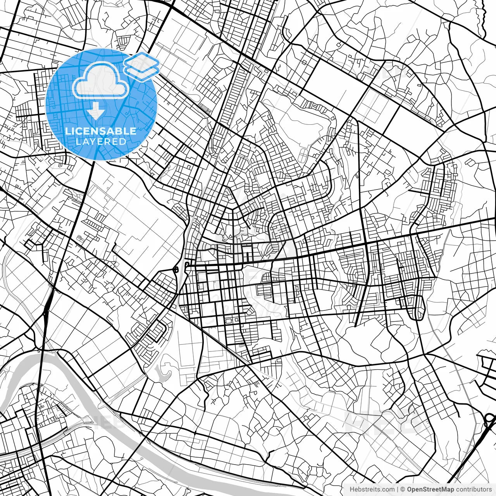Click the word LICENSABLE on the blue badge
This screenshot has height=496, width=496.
coord(101,131)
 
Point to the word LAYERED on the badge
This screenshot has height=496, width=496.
coord(101,142)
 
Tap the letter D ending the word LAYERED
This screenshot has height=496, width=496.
coord(123,142)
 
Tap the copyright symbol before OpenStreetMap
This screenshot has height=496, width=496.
coord(403,489)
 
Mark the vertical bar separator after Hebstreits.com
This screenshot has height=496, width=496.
coord(397,489)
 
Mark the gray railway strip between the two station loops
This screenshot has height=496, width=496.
coord(181,269)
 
